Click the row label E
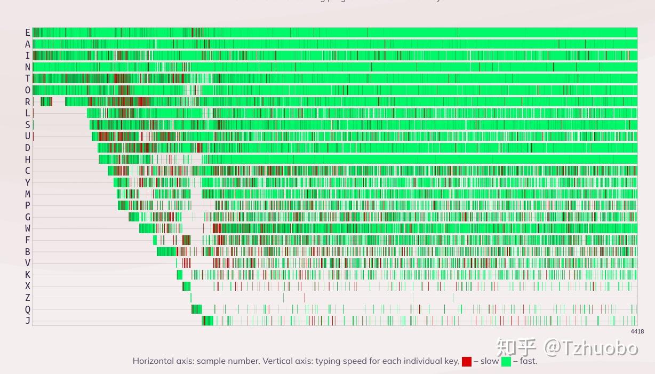28,33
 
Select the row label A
28,44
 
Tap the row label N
28,67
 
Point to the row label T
28,79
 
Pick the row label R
28,102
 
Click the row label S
28,125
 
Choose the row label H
28,160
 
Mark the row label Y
28,182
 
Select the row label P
28,205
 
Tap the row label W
28,228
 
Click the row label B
28,252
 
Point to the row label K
28,275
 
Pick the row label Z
28,298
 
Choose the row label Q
28,309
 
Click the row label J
28,321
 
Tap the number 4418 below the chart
637,331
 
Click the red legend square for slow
467,362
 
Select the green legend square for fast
506,362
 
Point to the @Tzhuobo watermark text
591,348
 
